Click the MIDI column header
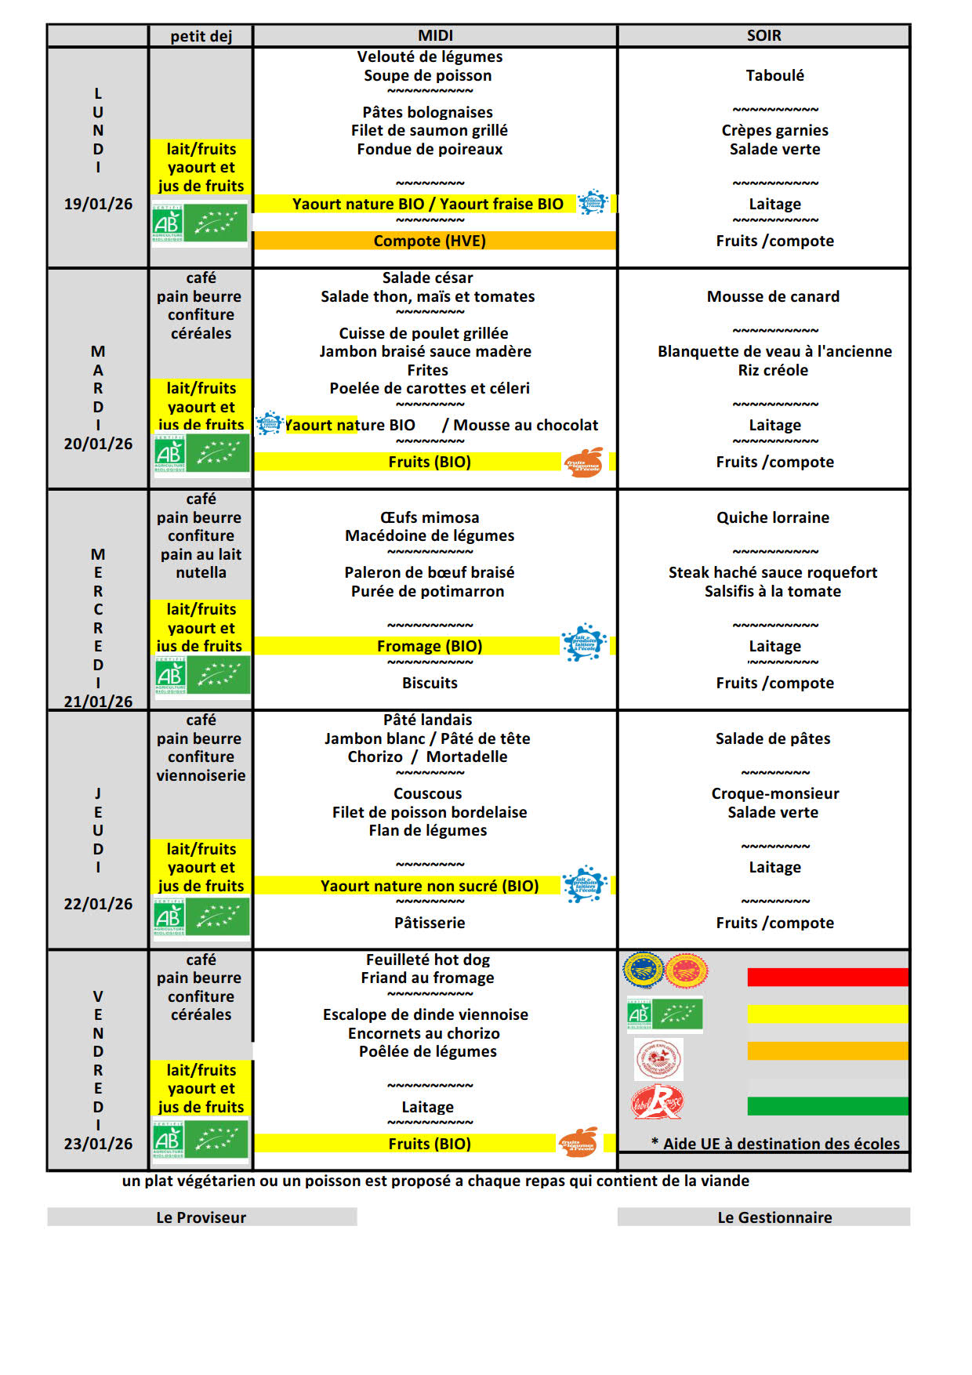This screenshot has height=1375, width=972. pyautogui.click(x=435, y=36)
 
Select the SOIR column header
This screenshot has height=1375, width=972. pyautogui.click(x=763, y=36)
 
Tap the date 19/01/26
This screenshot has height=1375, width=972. pyautogui.click(x=98, y=205)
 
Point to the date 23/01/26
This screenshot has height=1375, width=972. pyautogui.click(x=98, y=1144)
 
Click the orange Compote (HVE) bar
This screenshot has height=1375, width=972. pyautogui.click(x=430, y=241)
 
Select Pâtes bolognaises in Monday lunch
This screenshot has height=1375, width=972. pyautogui.click(x=427, y=113)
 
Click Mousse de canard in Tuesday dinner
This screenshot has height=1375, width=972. pyautogui.click(x=773, y=297)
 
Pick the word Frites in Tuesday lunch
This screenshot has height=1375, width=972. pyautogui.click(x=427, y=371)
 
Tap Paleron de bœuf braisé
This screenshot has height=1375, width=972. pyautogui.click(x=429, y=573)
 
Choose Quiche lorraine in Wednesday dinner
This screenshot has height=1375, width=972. pyautogui.click(x=773, y=518)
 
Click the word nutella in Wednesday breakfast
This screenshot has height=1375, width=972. pyautogui.click(x=201, y=573)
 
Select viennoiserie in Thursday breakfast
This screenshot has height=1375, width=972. pyautogui.click(x=201, y=776)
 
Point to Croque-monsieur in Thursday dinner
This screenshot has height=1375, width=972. pyautogui.click(x=774, y=794)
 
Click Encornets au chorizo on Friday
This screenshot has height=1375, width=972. pyautogui.click(x=424, y=1034)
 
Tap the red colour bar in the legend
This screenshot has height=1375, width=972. pyautogui.click(x=827, y=977)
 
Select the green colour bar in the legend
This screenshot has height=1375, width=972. pyautogui.click(x=827, y=1106)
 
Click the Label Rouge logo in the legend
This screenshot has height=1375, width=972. pyautogui.click(x=657, y=1103)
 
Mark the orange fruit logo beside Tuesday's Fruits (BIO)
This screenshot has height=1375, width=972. pyautogui.click(x=584, y=463)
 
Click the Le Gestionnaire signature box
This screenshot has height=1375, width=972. pyautogui.click(x=763, y=1217)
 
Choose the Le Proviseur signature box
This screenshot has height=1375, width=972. pyautogui.click(x=201, y=1217)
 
